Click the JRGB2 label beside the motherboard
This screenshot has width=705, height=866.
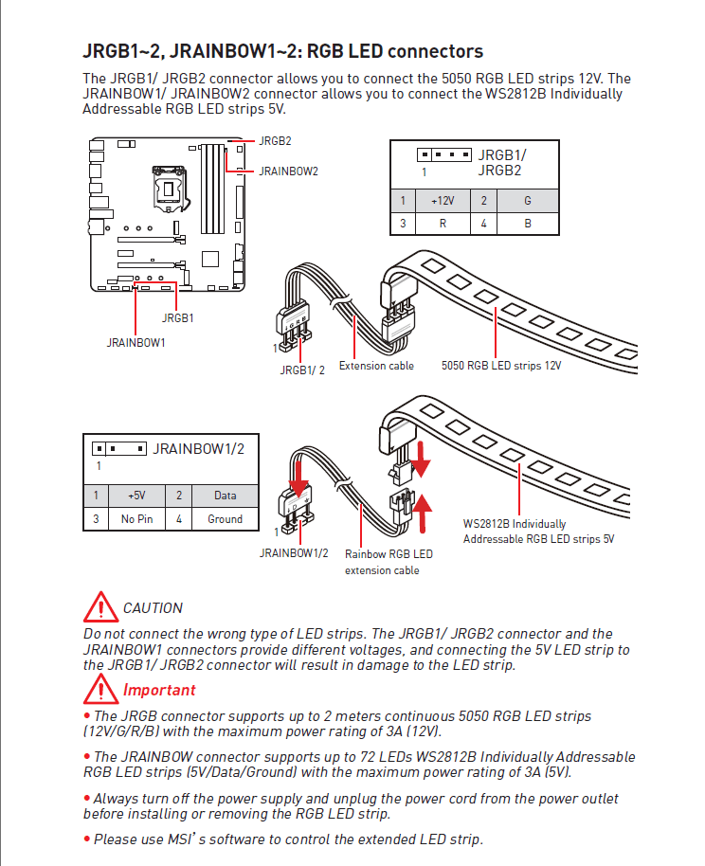[x=275, y=140]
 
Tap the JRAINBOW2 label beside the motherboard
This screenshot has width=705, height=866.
[x=288, y=171]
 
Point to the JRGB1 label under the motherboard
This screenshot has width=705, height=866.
[x=177, y=318]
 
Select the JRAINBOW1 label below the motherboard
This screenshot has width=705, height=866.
[x=136, y=342]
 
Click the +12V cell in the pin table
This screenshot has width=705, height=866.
[x=443, y=201]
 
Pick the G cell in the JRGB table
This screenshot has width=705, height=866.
[x=527, y=201]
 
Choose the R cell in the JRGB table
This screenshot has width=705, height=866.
[x=443, y=224]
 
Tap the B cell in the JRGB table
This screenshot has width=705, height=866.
[x=527, y=224]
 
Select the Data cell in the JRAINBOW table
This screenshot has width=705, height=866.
[x=226, y=496]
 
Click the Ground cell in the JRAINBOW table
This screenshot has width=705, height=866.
[x=226, y=519]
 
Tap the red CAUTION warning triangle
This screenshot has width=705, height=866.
[x=99, y=606]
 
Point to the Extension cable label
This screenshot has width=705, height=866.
[x=376, y=366]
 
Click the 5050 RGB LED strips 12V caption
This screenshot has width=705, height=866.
[x=501, y=366]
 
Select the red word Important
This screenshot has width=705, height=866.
[x=159, y=691]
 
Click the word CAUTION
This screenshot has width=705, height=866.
[x=153, y=608]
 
